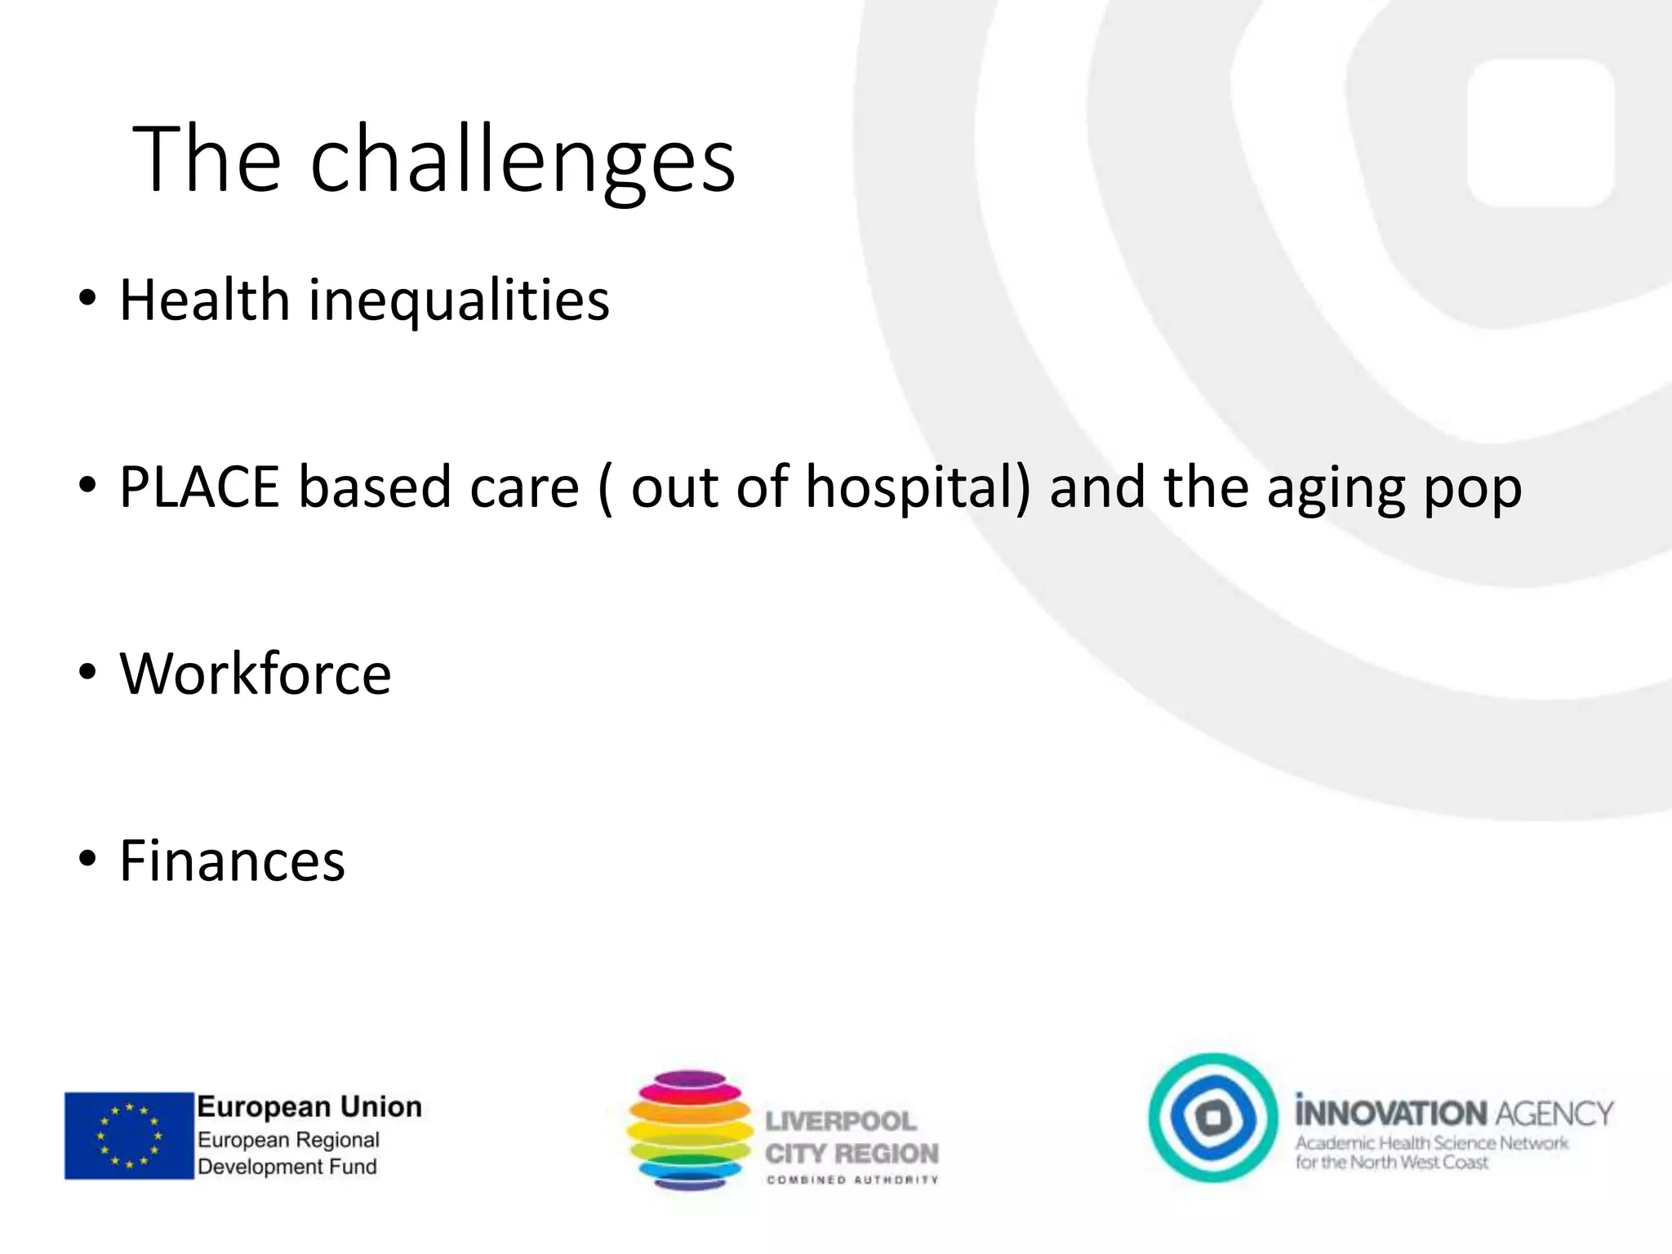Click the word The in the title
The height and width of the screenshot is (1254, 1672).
(207, 159)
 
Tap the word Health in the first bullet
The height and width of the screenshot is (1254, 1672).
(205, 300)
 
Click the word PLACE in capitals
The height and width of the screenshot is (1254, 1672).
(199, 487)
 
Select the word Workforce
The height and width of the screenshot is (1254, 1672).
(256, 674)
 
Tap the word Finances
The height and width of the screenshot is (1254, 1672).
(233, 861)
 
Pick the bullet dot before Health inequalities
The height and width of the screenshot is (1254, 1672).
(87, 299)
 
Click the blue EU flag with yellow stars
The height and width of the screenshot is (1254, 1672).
(129, 1136)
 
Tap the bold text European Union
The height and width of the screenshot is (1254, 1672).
(309, 1107)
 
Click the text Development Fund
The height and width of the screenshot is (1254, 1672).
(287, 1167)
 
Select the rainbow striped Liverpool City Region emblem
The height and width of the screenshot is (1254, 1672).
(690, 1130)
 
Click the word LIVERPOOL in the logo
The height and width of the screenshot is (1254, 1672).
(841, 1122)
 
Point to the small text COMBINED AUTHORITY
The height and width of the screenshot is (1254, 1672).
(852, 1180)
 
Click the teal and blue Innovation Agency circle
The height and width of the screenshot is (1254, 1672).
(1213, 1118)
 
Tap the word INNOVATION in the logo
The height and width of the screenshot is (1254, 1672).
(1391, 1114)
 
